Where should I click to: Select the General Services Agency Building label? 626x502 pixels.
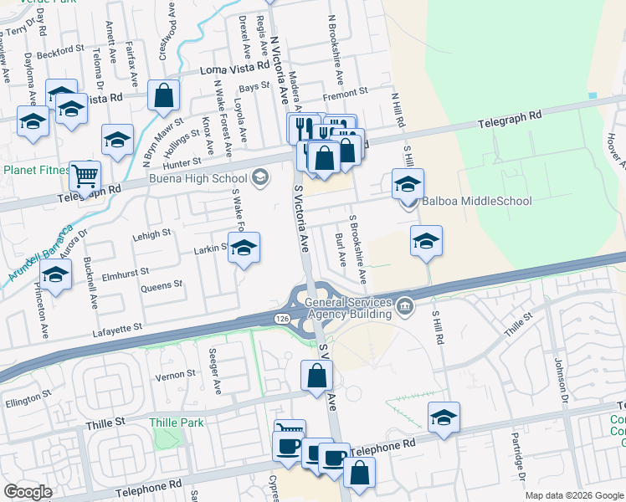point(348,308)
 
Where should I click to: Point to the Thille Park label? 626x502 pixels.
point(177,423)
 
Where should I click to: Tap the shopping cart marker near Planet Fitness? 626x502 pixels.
point(85,176)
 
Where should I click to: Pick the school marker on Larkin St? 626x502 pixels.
point(244,248)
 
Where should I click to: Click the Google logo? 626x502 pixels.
point(28,491)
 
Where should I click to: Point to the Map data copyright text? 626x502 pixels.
point(575,495)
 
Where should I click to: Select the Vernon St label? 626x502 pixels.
point(175,376)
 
